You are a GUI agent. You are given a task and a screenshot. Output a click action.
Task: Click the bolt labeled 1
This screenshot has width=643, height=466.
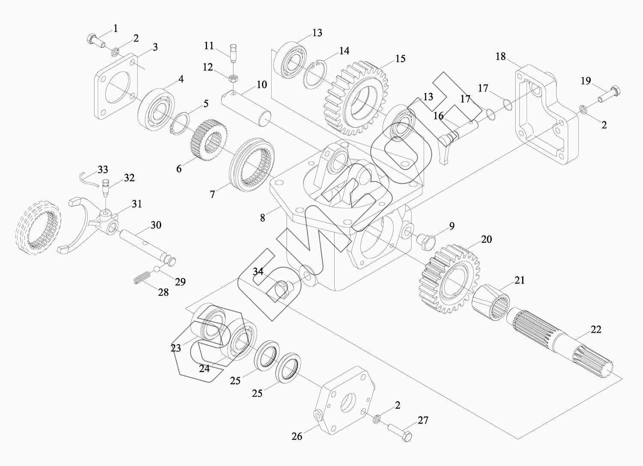(96, 40)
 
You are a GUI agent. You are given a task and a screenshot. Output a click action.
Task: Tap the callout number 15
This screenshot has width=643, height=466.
(400, 58)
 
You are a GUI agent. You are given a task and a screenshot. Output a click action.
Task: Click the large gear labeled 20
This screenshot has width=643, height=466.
(450, 277)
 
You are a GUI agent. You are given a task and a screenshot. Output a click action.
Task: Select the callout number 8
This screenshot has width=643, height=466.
(262, 217)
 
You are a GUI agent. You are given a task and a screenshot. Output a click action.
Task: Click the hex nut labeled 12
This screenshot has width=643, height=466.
(234, 78)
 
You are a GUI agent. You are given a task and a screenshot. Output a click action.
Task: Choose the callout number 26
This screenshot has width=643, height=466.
(297, 436)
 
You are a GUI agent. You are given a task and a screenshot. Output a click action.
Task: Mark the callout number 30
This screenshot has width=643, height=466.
(156, 225)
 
